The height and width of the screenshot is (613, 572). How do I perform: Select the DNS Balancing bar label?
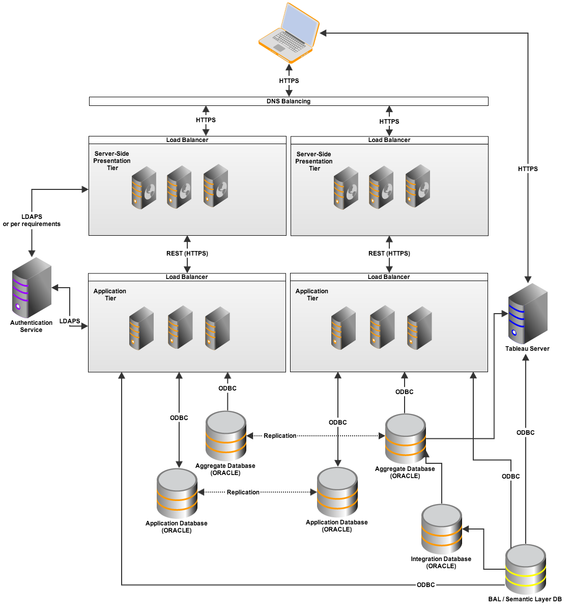click(289, 101)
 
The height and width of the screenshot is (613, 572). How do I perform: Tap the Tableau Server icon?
click(527, 313)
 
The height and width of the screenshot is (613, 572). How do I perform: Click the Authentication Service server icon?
click(32, 287)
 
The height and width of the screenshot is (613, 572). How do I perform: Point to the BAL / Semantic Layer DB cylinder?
click(525, 569)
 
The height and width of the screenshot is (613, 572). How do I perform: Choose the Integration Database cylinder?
click(442, 529)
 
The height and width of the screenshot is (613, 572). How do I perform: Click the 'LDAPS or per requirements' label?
click(32, 220)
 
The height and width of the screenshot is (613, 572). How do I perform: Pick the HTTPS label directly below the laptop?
click(289, 81)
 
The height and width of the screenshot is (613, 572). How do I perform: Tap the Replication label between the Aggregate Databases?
click(280, 436)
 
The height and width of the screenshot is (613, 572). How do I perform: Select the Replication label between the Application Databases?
click(243, 492)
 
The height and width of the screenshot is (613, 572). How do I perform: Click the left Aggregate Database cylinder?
click(226, 436)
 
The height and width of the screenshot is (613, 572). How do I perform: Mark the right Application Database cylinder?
click(337, 492)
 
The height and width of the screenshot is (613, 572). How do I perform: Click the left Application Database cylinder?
click(177, 493)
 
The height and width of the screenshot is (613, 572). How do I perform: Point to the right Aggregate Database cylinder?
click(406, 438)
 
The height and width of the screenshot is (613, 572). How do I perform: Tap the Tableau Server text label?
click(527, 349)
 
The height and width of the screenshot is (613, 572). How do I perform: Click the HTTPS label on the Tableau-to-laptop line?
click(528, 169)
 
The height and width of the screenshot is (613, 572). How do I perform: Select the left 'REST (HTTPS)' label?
click(187, 254)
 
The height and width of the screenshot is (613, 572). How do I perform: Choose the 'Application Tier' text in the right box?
click(312, 295)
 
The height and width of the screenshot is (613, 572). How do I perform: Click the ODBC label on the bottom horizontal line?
click(426, 585)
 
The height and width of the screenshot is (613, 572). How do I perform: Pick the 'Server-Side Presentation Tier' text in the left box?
click(112, 161)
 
